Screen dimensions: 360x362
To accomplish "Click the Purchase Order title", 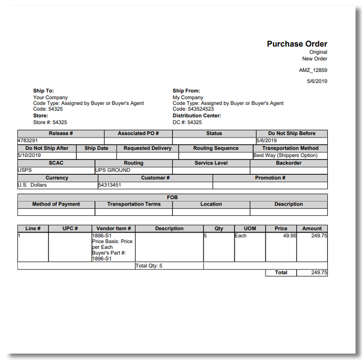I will coord(297,44).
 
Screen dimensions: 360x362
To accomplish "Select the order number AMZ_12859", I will coord(313,70).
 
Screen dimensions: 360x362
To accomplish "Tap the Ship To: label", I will coord(44,91).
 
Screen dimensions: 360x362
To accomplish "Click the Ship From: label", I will coord(186,91).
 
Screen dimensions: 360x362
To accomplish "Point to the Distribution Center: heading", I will coord(197,115).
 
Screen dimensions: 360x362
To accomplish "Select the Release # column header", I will coord(61,134).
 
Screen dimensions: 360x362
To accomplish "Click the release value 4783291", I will coord(28,141).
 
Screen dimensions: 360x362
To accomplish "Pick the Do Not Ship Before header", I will coord(292,134).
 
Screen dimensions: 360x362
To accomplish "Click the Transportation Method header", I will coord(290,148).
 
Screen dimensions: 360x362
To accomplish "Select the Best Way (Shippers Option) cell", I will coord(285,155).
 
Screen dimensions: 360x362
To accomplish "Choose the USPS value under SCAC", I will coord(24,170).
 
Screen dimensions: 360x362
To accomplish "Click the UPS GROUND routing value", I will coord(113,170).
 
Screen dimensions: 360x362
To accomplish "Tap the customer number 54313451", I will coord(110,185).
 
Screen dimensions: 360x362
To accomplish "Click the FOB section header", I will coord(172,197).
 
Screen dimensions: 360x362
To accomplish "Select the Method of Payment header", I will coord(56,204).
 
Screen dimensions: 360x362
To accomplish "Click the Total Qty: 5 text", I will coord(149,266).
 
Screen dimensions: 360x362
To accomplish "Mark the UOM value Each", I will coord(241,236).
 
